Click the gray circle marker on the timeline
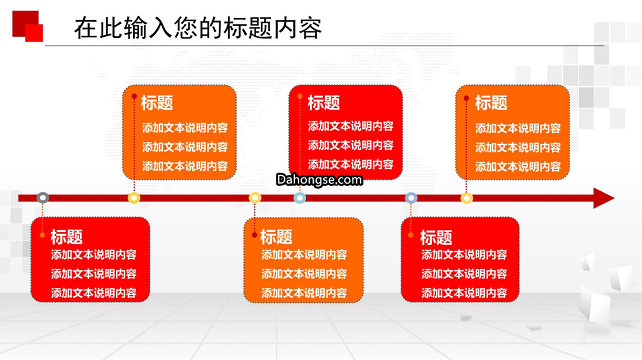(x=43, y=198)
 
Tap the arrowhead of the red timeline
(x=603, y=198)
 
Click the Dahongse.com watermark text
(x=319, y=179)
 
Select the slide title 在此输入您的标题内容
(x=198, y=28)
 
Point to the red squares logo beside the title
(x=28, y=26)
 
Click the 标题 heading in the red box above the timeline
(x=323, y=102)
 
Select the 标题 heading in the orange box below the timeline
(x=276, y=237)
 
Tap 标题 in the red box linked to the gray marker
(x=67, y=237)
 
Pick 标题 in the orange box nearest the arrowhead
(x=491, y=103)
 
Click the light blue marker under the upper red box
(x=300, y=198)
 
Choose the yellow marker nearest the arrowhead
(x=467, y=198)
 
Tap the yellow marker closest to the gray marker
(x=134, y=198)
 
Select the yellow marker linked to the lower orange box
(x=254, y=198)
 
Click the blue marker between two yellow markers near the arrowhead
(x=411, y=198)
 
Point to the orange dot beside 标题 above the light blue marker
(x=300, y=97)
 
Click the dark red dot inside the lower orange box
(x=254, y=235)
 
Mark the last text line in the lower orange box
(x=304, y=293)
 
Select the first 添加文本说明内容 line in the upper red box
(x=351, y=126)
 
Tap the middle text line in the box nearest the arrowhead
(x=518, y=147)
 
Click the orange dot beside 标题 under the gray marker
(x=42, y=235)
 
